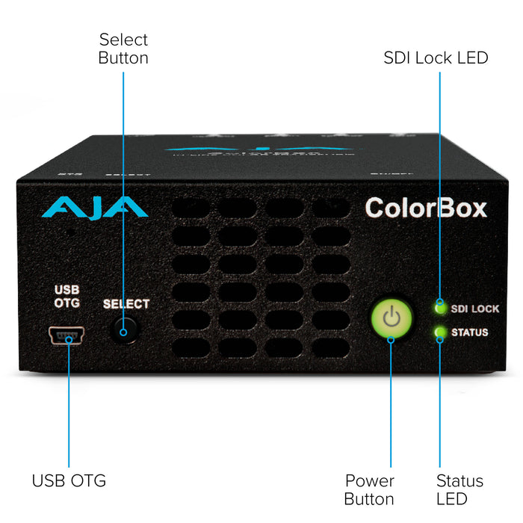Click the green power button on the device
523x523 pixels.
pyautogui.click(x=392, y=320)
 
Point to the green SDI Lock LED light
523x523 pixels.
pyautogui.click(x=440, y=306)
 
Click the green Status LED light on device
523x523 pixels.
pyautogui.click(x=440, y=332)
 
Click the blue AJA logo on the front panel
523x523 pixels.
pyautogui.click(x=90, y=206)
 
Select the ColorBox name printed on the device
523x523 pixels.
pyautogui.click(x=425, y=207)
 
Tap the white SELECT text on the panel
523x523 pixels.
pyautogui.click(x=126, y=304)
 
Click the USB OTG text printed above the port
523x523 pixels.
pyautogui.click(x=67, y=297)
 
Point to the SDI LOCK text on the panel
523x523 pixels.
pyautogui.click(x=475, y=308)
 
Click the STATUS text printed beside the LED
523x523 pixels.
pyautogui.click(x=470, y=332)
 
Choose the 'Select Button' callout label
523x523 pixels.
pyautogui.click(x=123, y=48)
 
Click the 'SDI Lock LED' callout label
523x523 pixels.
pyautogui.click(x=436, y=58)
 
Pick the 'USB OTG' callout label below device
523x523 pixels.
pyautogui.click(x=69, y=480)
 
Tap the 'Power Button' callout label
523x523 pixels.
pyautogui.click(x=370, y=489)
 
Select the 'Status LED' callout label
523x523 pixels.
pyautogui.click(x=459, y=489)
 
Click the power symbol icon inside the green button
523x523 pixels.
pyautogui.click(x=392, y=319)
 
